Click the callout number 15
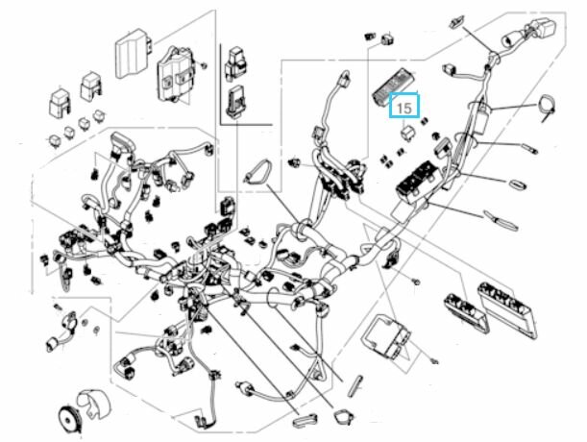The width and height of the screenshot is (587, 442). tap(404, 108)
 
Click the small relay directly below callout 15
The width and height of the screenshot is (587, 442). tap(407, 133)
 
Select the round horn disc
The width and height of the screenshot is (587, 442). tap(68, 419)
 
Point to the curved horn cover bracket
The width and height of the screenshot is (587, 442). tap(94, 405)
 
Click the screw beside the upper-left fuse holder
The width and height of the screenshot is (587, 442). tap(204, 65)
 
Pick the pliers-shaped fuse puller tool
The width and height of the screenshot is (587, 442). tap(501, 221)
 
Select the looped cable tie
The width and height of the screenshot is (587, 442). tap(548, 108)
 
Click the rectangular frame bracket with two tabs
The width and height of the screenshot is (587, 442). tap(386, 336)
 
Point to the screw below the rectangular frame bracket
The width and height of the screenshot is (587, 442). tap(434, 361)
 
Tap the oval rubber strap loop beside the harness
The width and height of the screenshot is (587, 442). tap(257, 172)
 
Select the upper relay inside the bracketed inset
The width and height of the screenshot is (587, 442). tap(235, 62)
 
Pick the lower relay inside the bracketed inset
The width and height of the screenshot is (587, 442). tap(234, 100)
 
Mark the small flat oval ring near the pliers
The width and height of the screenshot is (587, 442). tap(519, 184)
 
